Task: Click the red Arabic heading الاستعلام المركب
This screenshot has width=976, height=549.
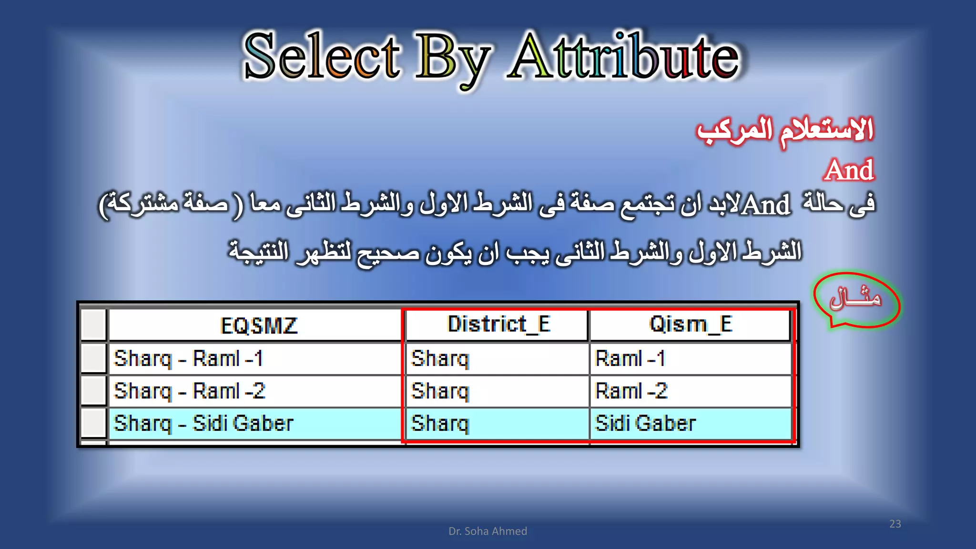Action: point(785,131)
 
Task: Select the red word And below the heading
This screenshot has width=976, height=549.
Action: point(849,170)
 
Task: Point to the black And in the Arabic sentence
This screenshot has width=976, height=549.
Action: point(766,205)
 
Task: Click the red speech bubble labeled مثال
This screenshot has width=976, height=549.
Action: point(856,300)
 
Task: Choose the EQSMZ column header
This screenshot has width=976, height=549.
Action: point(259,325)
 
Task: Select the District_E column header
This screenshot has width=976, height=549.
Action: point(498,325)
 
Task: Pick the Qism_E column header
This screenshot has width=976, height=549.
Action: point(691,325)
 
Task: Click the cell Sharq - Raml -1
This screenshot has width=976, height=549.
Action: point(189,358)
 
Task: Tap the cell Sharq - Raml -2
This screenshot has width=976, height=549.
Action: point(190,391)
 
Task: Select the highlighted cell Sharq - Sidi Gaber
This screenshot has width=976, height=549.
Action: point(204,423)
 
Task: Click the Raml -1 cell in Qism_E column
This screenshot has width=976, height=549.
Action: point(630,358)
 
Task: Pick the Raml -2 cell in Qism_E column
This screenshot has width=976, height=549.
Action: point(631,391)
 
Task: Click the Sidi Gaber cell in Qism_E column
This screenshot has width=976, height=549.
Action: point(645,423)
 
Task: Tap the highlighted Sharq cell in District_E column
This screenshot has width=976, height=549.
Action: point(440,423)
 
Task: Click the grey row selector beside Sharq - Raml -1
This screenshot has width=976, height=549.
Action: point(93,358)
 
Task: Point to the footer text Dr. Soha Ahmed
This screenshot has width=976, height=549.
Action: point(488,531)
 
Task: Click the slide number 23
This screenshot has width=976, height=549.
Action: point(895,524)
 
